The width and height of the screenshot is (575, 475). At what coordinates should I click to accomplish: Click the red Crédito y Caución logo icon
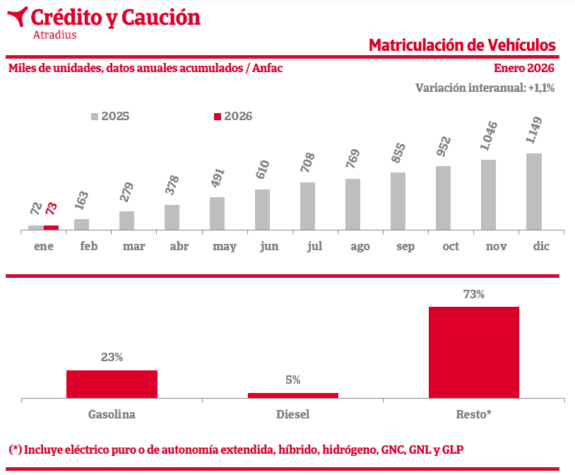pos(17,16)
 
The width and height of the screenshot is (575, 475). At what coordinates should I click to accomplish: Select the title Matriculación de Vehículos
pos(462,45)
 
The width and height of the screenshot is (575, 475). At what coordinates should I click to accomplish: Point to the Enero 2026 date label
pos(523,68)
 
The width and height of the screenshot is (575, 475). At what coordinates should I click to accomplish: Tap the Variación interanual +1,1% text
pos(485,88)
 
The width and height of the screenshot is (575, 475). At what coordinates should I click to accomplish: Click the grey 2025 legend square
pos(95,117)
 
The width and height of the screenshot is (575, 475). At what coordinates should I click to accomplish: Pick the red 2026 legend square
pos(218,117)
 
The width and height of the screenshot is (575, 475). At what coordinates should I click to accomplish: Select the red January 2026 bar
pos(51,228)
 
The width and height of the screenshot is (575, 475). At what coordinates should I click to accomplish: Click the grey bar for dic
pos(534,192)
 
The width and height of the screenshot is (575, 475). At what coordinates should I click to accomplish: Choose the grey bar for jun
pos(263,209)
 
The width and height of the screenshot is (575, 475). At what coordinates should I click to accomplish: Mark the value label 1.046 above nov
pos(489,136)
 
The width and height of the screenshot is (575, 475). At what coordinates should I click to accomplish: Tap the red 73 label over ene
pos(51,209)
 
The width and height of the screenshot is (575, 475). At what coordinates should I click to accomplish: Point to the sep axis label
pos(405,247)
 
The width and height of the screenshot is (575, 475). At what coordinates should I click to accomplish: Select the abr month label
pos(179,247)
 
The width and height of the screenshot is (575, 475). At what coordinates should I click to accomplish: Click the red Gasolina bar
pos(112,384)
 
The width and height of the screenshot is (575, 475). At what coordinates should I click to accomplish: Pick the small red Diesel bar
pos(292,395)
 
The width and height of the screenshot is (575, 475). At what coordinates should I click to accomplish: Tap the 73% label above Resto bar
pos(473,295)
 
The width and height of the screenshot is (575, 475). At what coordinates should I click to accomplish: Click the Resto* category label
pos(473,414)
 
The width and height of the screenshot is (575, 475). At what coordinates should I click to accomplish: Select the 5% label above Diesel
pos(292,380)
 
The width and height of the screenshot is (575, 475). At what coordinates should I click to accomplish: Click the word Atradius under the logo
pos(54,34)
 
